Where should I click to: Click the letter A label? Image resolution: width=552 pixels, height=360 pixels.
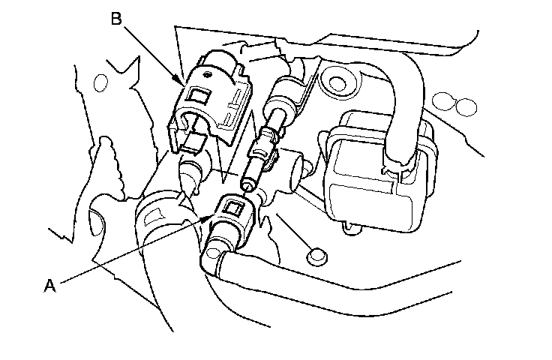click(x=49, y=286)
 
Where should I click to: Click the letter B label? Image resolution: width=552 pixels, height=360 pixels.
click(x=116, y=19)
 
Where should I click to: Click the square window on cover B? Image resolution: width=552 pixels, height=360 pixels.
click(x=201, y=96)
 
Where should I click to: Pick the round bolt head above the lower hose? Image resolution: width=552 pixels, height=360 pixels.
click(x=315, y=254)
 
